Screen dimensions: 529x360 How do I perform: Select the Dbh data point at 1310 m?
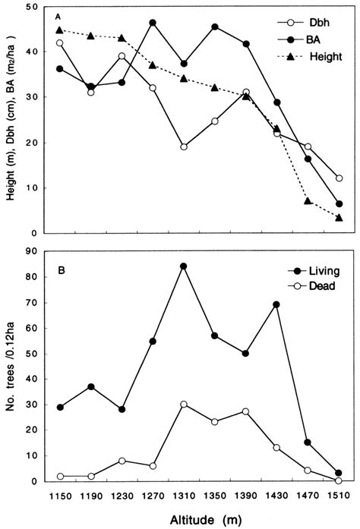click(x=184, y=146)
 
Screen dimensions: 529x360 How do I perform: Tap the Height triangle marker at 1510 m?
click(x=339, y=218)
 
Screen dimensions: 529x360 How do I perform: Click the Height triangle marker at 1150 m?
click(x=60, y=30)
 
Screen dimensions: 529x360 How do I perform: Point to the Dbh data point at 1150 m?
click(x=60, y=43)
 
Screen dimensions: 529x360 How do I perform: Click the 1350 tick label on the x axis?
click(x=215, y=494)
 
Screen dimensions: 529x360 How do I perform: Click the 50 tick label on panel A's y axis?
click(x=32, y=7)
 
